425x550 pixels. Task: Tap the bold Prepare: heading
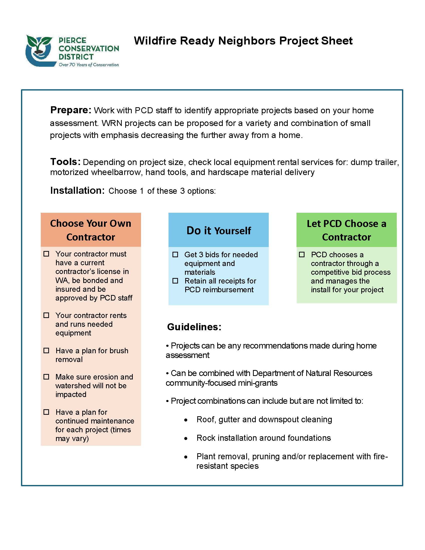coord(70,110)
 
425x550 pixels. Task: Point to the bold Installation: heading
coord(77,191)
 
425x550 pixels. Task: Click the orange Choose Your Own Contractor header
coord(91,230)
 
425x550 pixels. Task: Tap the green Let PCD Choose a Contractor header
coord(346,230)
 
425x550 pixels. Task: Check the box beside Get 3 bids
coord(175,254)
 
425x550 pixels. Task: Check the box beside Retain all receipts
coord(175,281)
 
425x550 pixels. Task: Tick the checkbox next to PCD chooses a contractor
coord(302,254)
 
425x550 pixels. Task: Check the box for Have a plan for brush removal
coord(46,350)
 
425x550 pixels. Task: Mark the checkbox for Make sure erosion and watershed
coord(46,377)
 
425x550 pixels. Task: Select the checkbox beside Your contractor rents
coord(46,315)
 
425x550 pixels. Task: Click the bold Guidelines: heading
coord(194,327)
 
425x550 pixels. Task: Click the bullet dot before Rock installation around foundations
coord(186,439)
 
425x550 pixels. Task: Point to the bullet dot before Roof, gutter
coord(186,420)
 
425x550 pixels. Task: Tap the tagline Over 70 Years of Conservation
coord(89,65)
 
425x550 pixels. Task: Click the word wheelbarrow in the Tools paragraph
coord(116,172)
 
